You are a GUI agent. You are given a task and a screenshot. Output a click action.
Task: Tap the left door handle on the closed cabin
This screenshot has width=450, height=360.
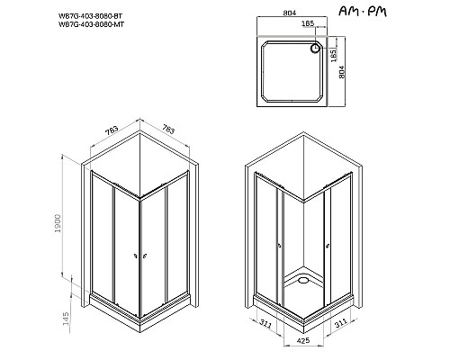133,258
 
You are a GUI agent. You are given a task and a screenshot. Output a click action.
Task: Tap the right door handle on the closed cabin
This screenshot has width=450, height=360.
145,258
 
